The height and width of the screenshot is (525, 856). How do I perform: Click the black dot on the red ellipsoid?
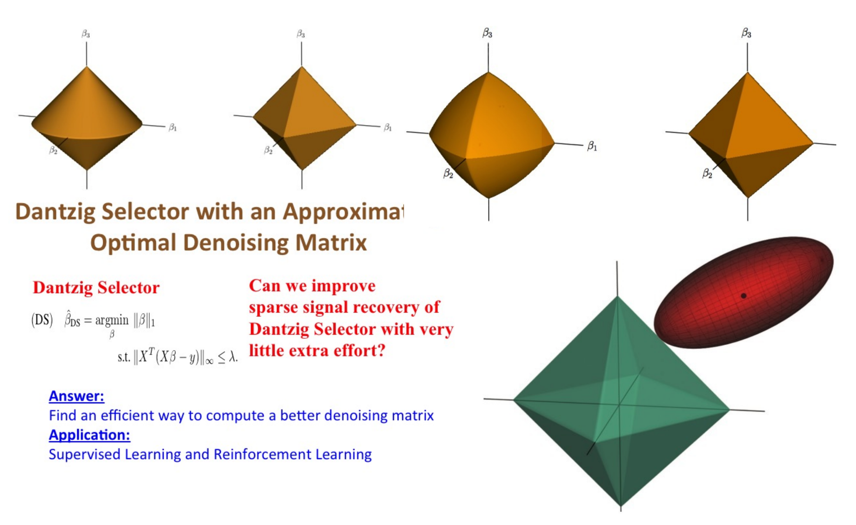(x=743, y=296)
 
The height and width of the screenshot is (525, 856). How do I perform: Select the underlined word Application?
(x=90, y=435)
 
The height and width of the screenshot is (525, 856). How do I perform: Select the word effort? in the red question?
(x=360, y=351)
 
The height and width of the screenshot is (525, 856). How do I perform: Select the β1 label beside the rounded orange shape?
(x=592, y=146)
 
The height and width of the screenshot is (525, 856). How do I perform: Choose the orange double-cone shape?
(x=87, y=118)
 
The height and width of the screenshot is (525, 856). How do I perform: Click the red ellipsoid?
(x=743, y=292)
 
